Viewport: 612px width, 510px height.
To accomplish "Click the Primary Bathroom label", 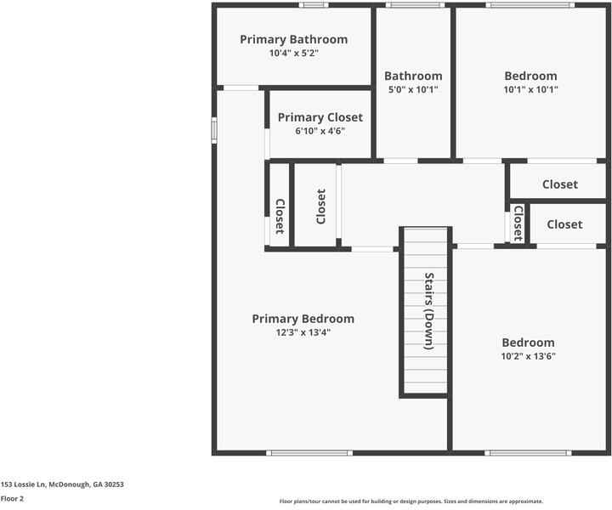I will click(x=293, y=39).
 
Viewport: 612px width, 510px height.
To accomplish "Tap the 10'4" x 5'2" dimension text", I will click(x=293, y=53).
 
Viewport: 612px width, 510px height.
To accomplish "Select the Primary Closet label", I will click(x=320, y=117).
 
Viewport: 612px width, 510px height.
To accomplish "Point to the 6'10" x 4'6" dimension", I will click(x=320, y=131).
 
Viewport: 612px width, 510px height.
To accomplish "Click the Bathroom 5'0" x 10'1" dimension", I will click(x=413, y=89).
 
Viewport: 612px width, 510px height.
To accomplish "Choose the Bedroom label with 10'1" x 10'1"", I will click(x=530, y=76).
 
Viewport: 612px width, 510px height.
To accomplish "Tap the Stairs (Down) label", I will click(x=429, y=311).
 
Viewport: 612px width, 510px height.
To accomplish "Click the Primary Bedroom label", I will click(x=303, y=319).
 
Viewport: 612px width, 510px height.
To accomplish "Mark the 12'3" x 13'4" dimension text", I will click(x=303, y=332).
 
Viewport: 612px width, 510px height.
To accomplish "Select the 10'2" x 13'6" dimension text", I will click(x=528, y=356).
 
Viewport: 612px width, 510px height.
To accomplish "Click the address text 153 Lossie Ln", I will click(x=62, y=484).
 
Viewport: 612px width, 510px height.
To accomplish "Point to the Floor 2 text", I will click(x=12, y=499).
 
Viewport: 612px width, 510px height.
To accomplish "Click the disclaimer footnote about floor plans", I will click(x=411, y=501).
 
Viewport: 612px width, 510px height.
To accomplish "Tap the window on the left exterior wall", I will click(x=214, y=130).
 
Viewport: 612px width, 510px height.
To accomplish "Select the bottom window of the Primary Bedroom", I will click(x=309, y=453).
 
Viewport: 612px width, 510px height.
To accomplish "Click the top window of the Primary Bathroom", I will click(x=314, y=5).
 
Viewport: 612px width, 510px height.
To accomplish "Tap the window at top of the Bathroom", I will click(x=414, y=5).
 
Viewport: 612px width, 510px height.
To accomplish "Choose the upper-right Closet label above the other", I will click(x=560, y=184).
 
